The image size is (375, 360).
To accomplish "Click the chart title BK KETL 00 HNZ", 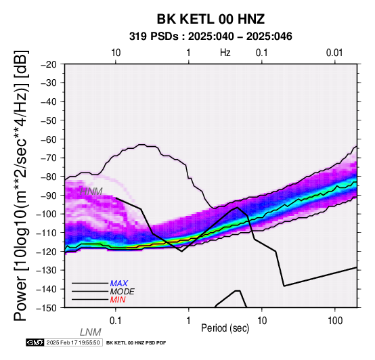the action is coord(211,19).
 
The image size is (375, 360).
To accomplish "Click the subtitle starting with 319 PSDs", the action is coord(211,37).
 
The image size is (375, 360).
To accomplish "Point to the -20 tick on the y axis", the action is coord(49,64).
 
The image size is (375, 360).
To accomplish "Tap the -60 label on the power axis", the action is coord(49,139).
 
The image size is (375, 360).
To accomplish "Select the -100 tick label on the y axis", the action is coord(47,214).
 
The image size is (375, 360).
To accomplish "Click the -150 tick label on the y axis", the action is coord(47,308).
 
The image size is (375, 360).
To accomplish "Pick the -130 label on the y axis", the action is coord(47,270).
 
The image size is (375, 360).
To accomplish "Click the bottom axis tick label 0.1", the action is coord(115,321).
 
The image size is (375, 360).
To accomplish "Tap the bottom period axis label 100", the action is coord(335,321).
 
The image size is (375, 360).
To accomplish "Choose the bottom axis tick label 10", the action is coord(262,321).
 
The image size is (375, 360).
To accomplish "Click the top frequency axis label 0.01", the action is coord(334,53).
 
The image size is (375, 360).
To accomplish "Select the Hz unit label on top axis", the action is coord(225,53).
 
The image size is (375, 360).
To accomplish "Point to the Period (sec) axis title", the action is coord(225,328).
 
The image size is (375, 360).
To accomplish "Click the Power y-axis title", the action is coord(21,185).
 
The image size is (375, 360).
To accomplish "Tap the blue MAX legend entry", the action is coord(119,284).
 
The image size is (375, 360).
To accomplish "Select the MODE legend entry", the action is coord(123,292).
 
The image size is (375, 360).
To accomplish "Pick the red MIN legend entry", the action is coord(118,300).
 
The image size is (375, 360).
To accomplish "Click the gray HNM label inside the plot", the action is coord(91,192).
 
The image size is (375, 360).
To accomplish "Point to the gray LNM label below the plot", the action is coord(91,332).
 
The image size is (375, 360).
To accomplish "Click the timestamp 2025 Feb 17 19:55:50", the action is coord(73,342).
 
